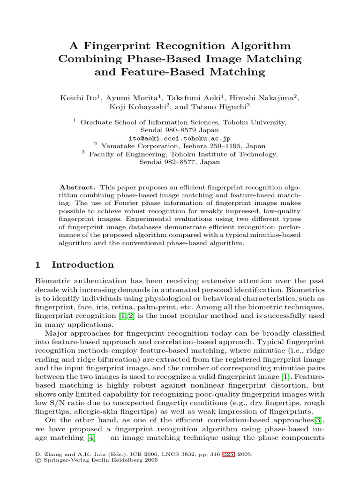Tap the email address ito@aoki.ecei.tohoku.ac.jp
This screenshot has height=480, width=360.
coord(180,139)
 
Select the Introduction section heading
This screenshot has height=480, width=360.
coord(82,265)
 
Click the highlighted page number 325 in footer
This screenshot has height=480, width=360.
coord(229,455)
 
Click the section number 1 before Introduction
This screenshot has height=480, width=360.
coord(38,265)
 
